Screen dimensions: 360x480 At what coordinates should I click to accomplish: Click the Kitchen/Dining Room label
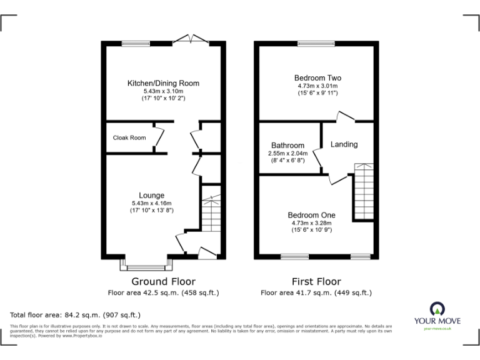tap(163, 83)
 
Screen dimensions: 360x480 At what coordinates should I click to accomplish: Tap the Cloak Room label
tap(129, 137)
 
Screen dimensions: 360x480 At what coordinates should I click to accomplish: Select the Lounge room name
tap(152, 195)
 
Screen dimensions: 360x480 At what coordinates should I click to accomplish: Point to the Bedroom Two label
tap(317, 78)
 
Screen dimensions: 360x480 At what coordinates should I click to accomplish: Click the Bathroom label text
tap(287, 146)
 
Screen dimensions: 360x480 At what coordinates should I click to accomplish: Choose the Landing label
tap(344, 144)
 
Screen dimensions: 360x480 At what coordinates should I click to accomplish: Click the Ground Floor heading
tap(163, 282)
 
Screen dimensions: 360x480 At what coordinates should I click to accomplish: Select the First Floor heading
tap(316, 282)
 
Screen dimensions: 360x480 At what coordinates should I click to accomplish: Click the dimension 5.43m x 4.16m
tap(152, 203)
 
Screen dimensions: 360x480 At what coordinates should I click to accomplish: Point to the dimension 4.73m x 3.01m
tap(317, 86)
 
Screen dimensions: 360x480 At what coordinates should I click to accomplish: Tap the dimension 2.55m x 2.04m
tap(287, 154)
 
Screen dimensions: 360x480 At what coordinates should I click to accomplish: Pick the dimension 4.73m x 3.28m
tap(311, 222)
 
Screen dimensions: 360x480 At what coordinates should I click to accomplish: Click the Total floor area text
tap(76, 314)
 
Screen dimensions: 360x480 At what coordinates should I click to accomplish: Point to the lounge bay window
tap(144, 262)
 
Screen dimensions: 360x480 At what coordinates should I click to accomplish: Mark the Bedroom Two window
tap(316, 42)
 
